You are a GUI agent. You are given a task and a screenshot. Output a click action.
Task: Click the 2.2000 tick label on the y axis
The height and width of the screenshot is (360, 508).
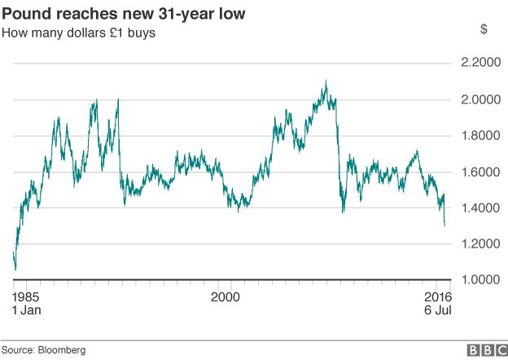(x=480, y=64)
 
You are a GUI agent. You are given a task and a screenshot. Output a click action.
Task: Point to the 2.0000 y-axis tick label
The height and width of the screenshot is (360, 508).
(x=480, y=99)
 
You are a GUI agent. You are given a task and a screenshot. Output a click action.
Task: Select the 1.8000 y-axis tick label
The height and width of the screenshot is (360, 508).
(x=480, y=135)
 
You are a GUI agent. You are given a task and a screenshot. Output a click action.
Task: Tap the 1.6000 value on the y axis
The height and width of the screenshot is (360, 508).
(x=480, y=172)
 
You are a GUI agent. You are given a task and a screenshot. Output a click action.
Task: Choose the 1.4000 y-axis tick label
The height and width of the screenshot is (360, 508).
(x=480, y=208)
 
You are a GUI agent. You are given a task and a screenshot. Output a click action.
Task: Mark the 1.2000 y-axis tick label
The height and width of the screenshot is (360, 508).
(x=480, y=244)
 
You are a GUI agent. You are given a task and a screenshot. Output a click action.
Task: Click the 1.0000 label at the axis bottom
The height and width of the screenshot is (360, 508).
(x=480, y=280)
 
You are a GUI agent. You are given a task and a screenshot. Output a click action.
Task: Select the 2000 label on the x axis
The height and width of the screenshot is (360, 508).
(x=226, y=296)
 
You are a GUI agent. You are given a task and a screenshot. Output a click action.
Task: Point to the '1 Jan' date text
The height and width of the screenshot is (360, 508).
(x=28, y=310)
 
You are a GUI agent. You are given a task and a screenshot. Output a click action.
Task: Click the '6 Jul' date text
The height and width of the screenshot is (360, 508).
(x=437, y=310)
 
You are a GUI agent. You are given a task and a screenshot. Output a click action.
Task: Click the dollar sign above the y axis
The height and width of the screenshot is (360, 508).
(x=484, y=29)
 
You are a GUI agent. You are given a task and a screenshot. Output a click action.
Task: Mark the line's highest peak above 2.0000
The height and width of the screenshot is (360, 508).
(x=326, y=81)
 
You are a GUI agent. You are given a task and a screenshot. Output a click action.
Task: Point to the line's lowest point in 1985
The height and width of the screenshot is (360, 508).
(x=15, y=269)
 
